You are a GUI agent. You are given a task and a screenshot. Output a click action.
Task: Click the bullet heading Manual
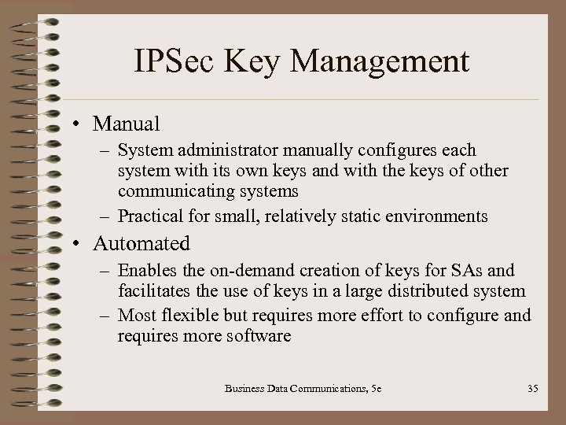click(127, 124)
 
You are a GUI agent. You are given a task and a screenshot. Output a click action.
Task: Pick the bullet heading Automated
click(141, 244)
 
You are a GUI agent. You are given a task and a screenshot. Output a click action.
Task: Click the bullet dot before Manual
click(81, 124)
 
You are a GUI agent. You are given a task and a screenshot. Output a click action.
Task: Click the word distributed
click(421, 291)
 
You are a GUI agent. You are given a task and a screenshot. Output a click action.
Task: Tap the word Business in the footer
click(244, 387)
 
